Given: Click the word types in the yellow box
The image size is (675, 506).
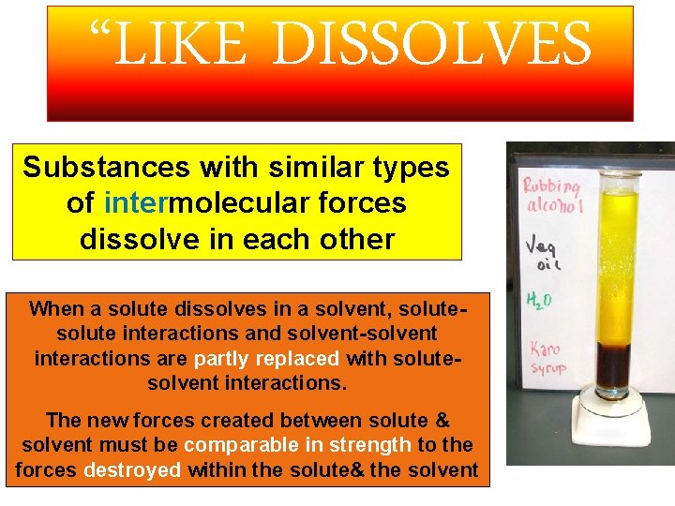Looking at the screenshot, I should [411, 169].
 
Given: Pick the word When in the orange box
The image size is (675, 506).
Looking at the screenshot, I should [55, 308].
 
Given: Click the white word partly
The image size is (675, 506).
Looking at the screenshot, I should [223, 358].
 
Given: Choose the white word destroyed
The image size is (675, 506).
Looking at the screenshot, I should [132, 469].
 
